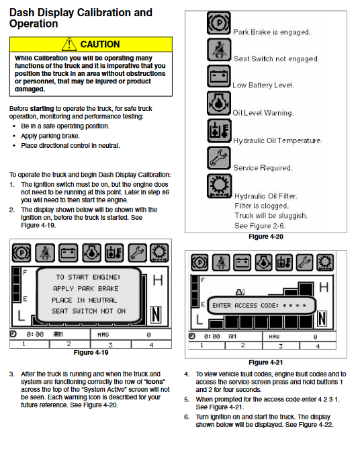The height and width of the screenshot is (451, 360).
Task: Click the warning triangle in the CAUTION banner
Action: [x=69, y=44]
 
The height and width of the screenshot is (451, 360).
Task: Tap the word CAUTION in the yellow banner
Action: [x=100, y=44]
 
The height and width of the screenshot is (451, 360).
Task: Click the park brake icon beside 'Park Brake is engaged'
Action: [x=219, y=23]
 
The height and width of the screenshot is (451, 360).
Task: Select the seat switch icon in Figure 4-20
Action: [x=219, y=50]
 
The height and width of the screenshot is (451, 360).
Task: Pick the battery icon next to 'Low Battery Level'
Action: [x=219, y=76]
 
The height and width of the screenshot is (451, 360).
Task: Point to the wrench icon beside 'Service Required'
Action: [x=219, y=158]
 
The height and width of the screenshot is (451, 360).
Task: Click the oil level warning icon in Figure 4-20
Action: [x=219, y=104]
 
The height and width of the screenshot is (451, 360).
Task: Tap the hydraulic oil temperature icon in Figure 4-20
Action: [x=219, y=130]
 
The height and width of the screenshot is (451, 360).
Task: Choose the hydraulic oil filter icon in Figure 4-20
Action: [x=219, y=186]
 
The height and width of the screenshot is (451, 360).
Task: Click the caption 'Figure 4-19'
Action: [x=91, y=353]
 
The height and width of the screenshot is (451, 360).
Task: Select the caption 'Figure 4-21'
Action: [x=266, y=362]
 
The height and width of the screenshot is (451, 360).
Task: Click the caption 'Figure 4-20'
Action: [x=266, y=237]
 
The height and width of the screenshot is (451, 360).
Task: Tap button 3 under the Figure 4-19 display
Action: [x=111, y=345]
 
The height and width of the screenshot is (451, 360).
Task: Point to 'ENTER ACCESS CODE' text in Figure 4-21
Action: [x=245, y=305]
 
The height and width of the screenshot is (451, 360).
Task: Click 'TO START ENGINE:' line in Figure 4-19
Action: [x=88, y=278]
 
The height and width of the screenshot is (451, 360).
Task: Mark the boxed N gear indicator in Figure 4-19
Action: [x=156, y=315]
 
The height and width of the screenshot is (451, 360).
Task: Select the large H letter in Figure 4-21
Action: [x=324, y=287]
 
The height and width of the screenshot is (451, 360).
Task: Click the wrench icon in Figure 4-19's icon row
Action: [x=137, y=253]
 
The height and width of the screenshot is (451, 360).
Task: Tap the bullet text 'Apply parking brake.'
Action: [x=50, y=136]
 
